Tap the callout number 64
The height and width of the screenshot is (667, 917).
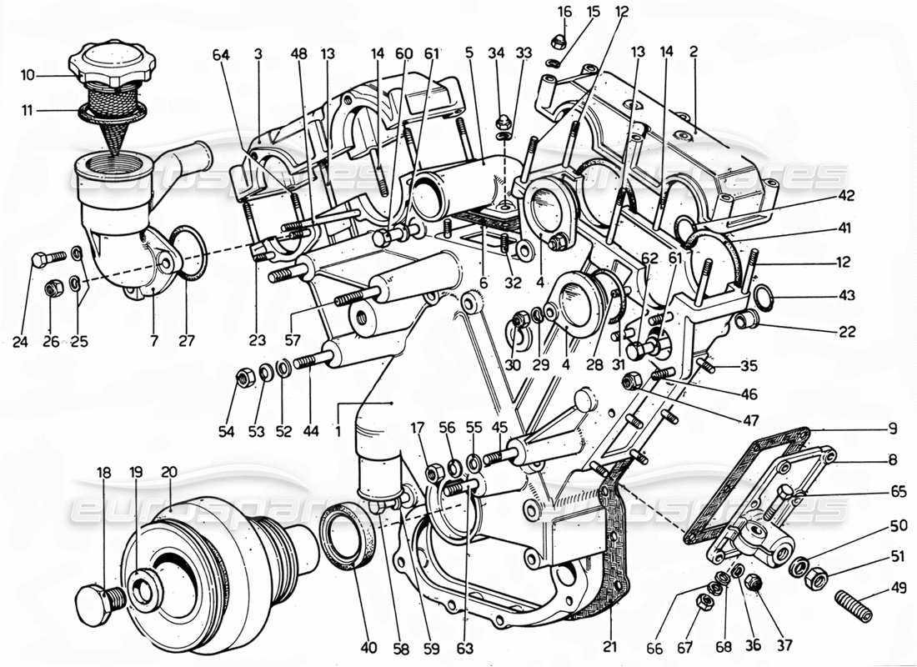(x=221, y=56)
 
